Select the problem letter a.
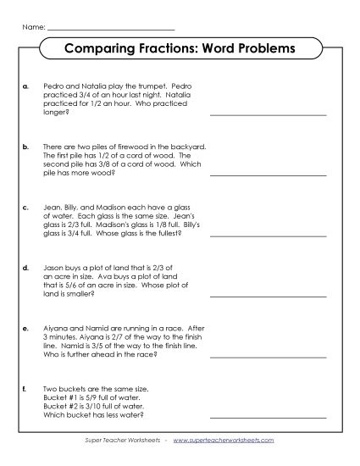tap(26, 86)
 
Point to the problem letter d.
tap(26, 266)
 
